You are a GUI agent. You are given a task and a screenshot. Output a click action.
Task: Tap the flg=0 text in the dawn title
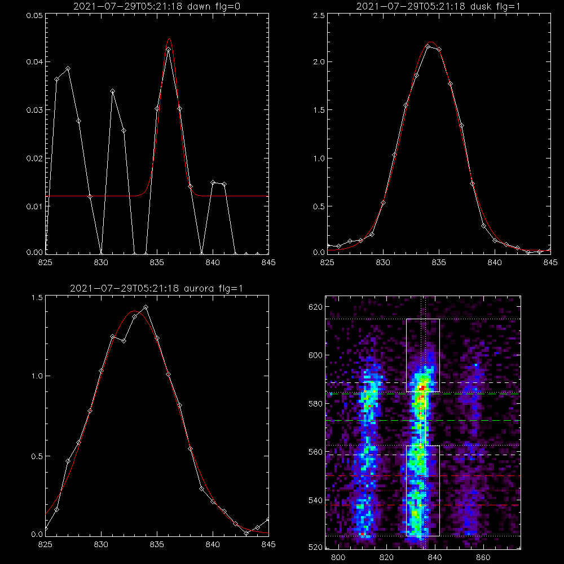pyautogui.click(x=227, y=6)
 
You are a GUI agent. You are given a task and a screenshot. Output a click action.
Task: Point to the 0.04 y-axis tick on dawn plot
pyautogui.click(x=34, y=62)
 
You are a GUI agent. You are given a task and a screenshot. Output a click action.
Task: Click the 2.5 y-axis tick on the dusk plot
pyautogui.click(x=319, y=16)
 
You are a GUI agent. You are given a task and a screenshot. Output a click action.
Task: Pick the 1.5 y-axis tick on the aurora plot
pyautogui.click(x=37, y=298)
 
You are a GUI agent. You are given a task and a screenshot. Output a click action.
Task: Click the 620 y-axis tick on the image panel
pyautogui.click(x=315, y=307)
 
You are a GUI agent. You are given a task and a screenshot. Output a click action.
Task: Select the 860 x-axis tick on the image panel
pyautogui.click(x=483, y=557)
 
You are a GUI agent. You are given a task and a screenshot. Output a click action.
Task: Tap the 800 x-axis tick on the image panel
pyautogui.click(x=338, y=557)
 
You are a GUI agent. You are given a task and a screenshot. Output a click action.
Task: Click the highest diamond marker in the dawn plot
pyautogui.click(x=168, y=49)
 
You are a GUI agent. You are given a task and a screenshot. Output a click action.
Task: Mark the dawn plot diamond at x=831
pyautogui.click(x=112, y=91)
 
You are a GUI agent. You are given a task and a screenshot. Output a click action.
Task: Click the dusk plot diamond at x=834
pyautogui.click(x=428, y=47)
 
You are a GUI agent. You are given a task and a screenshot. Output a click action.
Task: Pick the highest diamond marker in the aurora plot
pyautogui.click(x=146, y=307)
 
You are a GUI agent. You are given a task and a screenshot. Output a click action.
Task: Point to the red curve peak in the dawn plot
pyautogui.click(x=169, y=38)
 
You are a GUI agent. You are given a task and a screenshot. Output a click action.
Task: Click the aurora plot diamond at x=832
pyautogui.click(x=124, y=341)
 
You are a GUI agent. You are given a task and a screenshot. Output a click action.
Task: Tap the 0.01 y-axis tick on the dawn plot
pyautogui.click(x=34, y=206)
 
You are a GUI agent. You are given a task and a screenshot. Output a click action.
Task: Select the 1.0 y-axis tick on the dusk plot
pyautogui.click(x=319, y=158)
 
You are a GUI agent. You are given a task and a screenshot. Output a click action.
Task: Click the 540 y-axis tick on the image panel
pyautogui.click(x=315, y=500)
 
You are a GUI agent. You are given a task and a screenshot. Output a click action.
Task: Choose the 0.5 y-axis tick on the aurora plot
pyautogui.click(x=37, y=456)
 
